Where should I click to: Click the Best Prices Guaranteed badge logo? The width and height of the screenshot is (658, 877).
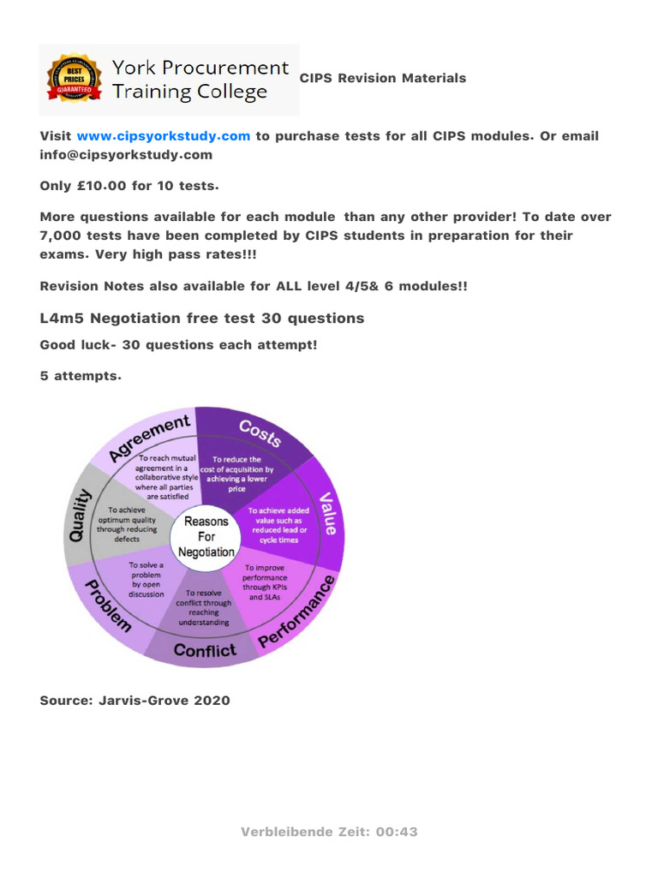pos(75,80)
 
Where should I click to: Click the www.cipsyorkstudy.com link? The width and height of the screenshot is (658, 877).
pos(163,136)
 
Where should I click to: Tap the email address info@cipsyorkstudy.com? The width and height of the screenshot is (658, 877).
pos(126,155)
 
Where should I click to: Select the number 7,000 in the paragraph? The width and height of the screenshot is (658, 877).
pos(65,235)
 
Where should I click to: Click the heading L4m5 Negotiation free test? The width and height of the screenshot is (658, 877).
pos(201,319)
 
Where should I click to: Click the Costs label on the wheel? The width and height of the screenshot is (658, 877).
pos(259,433)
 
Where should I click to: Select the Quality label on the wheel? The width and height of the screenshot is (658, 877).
pos(81,515)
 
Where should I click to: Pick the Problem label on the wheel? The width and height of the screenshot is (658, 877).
pos(107,603)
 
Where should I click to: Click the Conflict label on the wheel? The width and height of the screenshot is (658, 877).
pos(205,650)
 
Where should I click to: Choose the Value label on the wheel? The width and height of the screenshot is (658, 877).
pos(327,514)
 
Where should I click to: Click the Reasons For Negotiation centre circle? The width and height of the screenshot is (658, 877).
pos(206,537)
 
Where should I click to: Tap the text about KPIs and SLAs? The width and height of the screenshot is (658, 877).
pos(265,582)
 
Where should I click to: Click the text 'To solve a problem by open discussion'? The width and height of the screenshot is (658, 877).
pos(146,581)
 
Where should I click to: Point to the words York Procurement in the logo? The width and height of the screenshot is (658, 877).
pos(201,68)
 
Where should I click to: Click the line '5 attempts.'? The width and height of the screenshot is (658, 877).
pos(81,376)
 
